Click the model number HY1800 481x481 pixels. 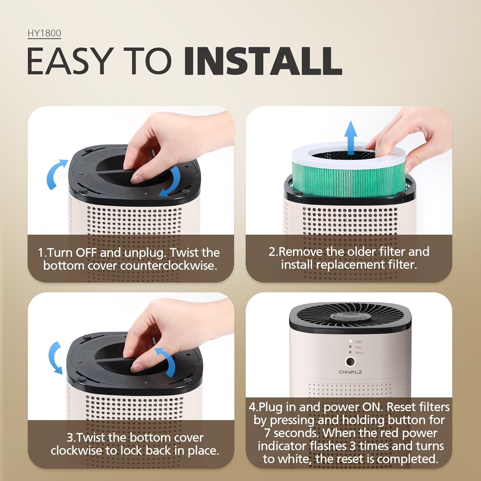(44, 33)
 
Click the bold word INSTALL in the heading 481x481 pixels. (263, 61)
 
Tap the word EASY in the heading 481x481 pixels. (69, 61)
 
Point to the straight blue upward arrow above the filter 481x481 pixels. (351, 136)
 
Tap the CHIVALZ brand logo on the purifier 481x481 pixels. (350, 372)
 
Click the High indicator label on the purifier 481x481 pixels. (358, 342)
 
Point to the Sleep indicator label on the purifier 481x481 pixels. (359, 352)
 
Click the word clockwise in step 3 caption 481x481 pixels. (76, 451)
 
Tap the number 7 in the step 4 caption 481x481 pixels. (267, 433)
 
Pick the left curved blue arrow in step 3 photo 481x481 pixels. (55, 358)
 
